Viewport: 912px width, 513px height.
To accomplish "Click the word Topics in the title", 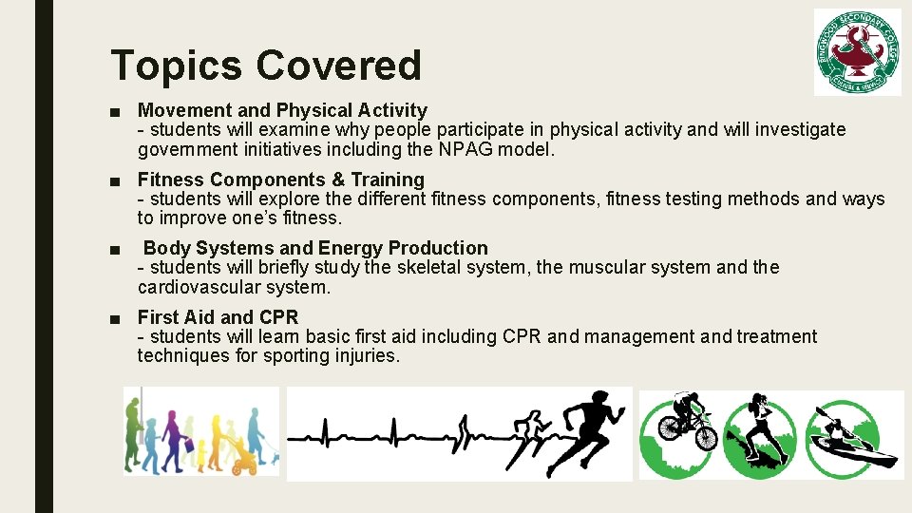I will [176, 66].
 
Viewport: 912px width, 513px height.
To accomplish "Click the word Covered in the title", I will [338, 66].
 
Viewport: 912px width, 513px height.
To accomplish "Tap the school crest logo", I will [857, 52].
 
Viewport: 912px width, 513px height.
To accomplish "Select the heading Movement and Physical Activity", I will [282, 111].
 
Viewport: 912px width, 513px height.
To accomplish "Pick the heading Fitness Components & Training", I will [280, 180].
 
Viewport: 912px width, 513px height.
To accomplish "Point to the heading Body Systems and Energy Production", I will [315, 248].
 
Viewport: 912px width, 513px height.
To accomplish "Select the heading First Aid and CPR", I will [218, 317].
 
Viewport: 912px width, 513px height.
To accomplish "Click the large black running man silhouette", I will [589, 432].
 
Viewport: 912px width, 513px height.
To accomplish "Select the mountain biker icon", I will [686, 427].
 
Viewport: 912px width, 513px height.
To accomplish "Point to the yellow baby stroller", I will [245, 459].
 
